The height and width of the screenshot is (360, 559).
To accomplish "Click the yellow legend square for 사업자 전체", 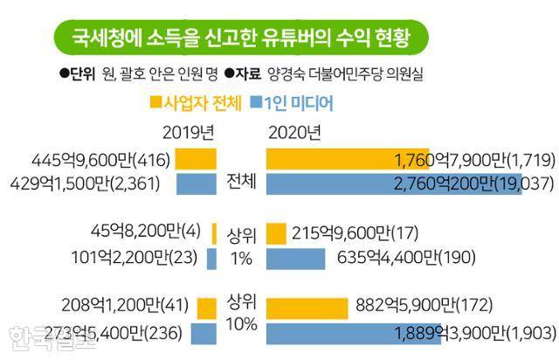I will coord(155,103).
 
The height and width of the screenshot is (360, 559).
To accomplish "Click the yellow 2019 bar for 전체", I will coord(196,159).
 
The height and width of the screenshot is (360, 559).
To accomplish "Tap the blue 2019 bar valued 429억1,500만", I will coord(196,184).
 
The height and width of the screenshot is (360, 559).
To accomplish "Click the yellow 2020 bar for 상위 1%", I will coord(276,233).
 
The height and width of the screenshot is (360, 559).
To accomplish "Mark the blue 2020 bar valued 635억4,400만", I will coord(296,259).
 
